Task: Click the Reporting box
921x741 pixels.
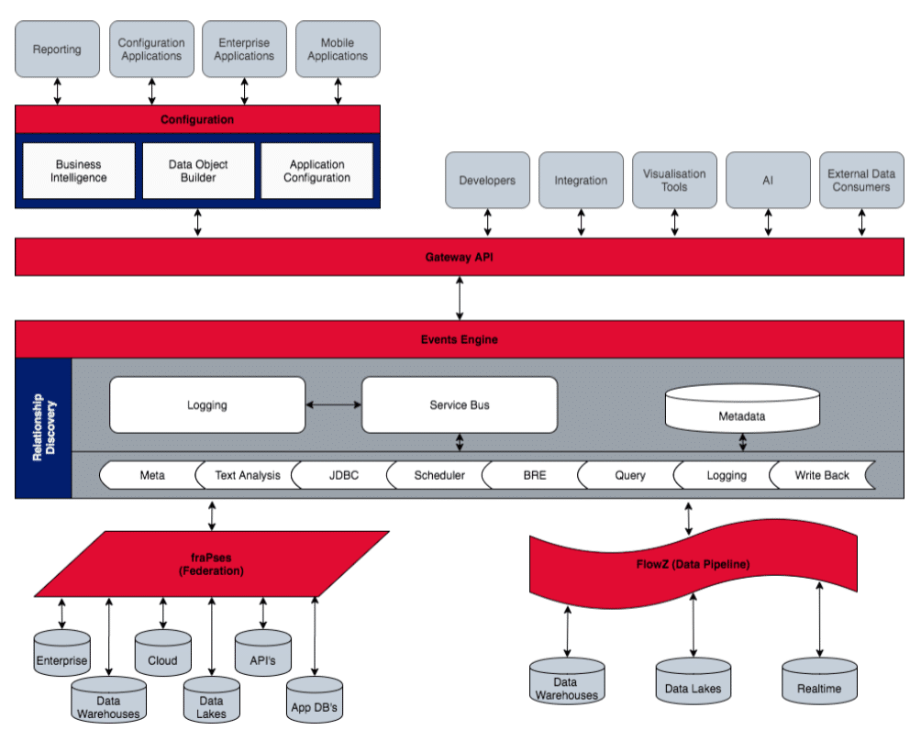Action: point(57,50)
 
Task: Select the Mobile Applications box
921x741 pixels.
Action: point(338,50)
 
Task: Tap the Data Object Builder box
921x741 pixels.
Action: point(198,171)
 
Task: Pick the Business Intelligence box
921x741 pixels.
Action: point(79,171)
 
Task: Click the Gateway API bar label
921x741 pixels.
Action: point(460,258)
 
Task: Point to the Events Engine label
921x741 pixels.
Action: point(460,339)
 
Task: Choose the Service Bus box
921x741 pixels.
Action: point(460,404)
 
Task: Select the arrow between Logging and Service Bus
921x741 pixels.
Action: point(334,404)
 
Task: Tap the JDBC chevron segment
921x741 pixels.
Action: point(343,475)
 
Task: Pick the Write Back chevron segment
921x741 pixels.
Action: point(821,475)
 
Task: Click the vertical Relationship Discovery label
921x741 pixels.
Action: point(44,426)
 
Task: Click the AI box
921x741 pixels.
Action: point(768,181)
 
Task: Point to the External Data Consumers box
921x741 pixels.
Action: point(861,181)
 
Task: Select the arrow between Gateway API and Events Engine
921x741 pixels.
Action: point(460,298)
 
